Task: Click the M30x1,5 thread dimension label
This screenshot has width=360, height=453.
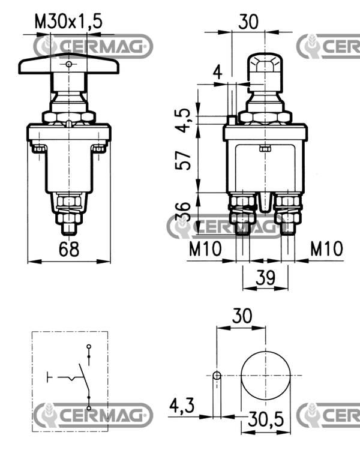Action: point(68,22)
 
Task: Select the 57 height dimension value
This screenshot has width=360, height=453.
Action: point(184,160)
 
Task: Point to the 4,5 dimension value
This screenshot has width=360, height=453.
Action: point(184,120)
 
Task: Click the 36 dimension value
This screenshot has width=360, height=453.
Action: point(183,211)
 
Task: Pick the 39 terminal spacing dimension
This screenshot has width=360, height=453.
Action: point(266,277)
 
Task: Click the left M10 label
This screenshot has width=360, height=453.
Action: point(205,248)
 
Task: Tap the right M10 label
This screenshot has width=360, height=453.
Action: point(326,248)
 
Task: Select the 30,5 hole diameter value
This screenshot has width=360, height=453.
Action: point(266,419)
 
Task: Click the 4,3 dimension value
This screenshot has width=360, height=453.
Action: point(182,406)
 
